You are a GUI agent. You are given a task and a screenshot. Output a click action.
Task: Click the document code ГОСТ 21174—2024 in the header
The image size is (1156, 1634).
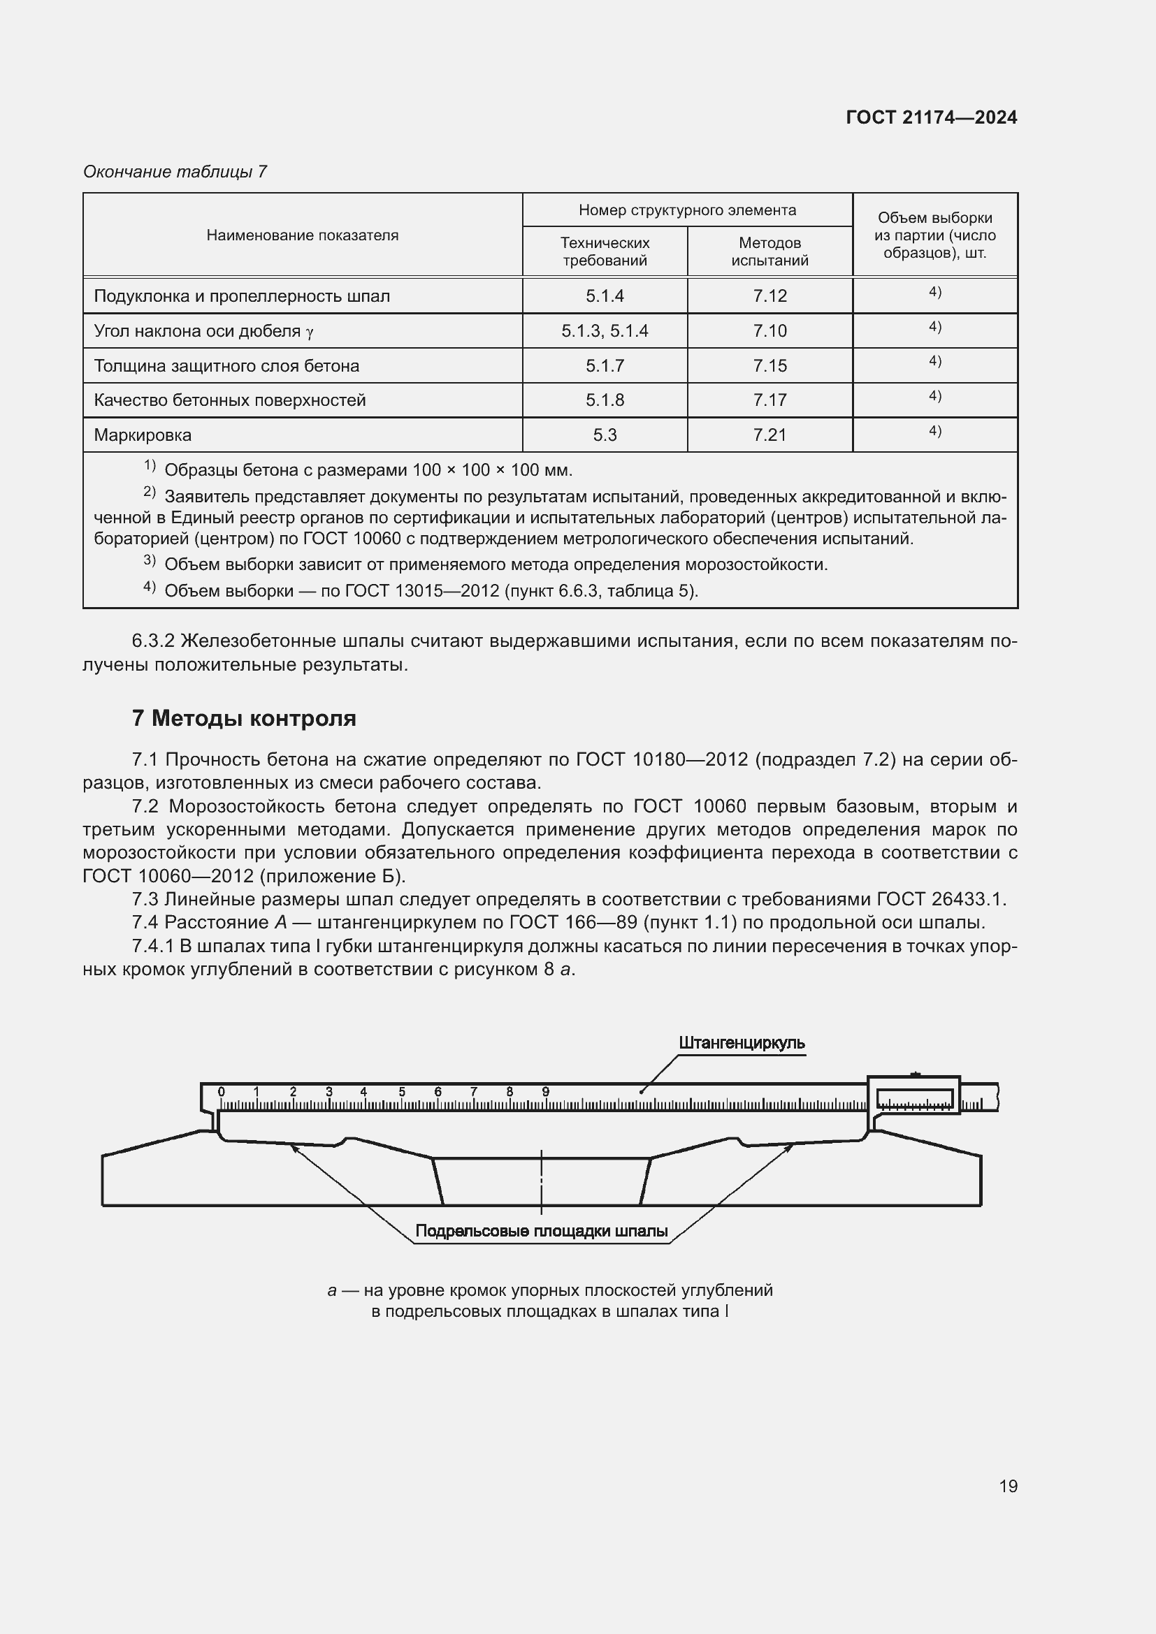click(x=931, y=117)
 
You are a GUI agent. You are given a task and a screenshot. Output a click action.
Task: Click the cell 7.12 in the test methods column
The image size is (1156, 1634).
click(x=770, y=296)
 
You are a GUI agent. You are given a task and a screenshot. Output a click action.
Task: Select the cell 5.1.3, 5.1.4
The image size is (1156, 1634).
click(x=605, y=331)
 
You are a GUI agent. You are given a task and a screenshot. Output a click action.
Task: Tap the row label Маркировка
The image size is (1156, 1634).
click(x=143, y=435)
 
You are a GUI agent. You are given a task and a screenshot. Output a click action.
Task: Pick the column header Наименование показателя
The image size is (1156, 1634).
click(x=302, y=235)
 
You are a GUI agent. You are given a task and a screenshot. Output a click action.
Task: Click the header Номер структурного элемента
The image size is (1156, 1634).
click(x=687, y=210)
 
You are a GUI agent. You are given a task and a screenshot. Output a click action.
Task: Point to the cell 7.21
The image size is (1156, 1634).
click(x=770, y=435)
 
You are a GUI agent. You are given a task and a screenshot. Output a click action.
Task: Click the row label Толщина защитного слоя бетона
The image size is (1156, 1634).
click(x=226, y=366)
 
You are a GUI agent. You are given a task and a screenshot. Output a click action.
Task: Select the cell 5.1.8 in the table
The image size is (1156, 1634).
click(x=605, y=400)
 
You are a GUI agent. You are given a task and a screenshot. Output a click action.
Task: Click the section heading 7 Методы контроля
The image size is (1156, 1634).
click(x=243, y=718)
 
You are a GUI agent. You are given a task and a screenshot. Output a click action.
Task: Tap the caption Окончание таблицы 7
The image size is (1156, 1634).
click(x=175, y=172)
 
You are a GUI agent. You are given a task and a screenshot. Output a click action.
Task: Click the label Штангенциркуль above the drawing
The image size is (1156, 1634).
click(x=741, y=1042)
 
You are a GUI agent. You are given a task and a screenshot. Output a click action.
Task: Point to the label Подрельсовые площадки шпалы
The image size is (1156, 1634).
click(x=541, y=1230)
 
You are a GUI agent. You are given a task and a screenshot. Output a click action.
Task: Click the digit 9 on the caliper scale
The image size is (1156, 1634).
click(x=545, y=1092)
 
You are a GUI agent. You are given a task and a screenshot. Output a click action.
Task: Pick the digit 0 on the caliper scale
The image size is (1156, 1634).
click(x=222, y=1092)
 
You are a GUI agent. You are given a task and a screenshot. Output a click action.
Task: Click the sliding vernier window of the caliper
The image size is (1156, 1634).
click(x=914, y=1099)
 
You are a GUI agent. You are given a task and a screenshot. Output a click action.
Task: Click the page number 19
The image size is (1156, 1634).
click(x=1008, y=1486)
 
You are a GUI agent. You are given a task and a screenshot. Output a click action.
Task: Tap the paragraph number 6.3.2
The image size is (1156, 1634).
click(x=153, y=641)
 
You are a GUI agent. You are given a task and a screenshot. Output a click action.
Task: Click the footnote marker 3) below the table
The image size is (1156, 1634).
click(x=150, y=561)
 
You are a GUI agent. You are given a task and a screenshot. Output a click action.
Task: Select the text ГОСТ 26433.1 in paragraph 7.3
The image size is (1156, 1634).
click(x=939, y=900)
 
